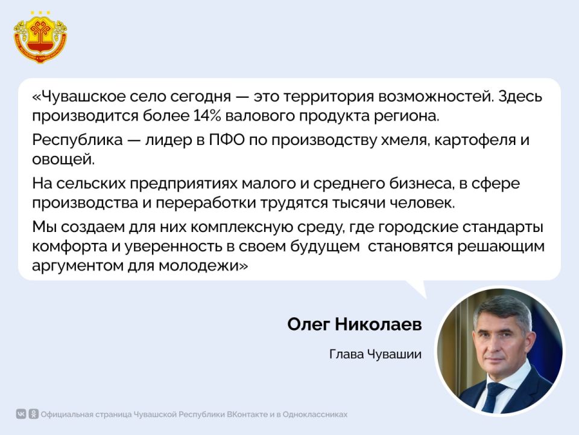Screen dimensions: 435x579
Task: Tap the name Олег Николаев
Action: click(354, 324)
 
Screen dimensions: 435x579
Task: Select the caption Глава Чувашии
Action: click(375, 354)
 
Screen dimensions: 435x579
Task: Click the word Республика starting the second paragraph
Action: click(73, 142)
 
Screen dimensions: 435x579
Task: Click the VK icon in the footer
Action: click(22, 414)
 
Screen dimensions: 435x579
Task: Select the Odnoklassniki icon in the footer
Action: click(34, 414)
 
